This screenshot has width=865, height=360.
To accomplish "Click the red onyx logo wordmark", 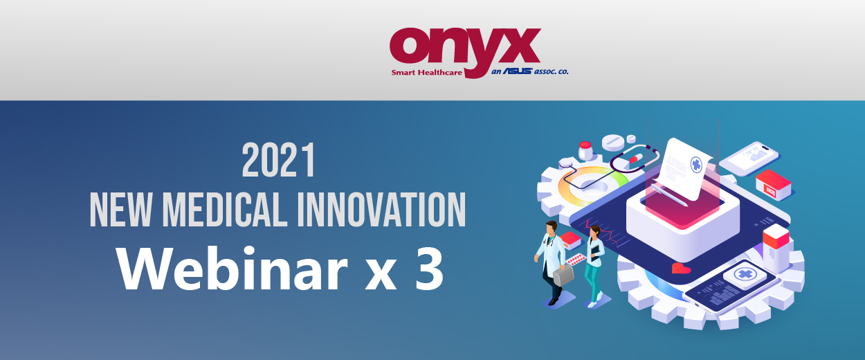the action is pos(465,51).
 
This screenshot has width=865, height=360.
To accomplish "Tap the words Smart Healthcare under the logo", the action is pos(426,72).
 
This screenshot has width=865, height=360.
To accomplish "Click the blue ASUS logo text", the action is pos(518,71).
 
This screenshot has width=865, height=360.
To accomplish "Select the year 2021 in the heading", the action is pos(278,160).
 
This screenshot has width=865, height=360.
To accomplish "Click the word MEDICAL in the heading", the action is pos(225,210).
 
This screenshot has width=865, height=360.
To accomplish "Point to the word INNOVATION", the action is pos(381,210).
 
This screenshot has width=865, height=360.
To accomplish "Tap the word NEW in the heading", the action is pos(120,210).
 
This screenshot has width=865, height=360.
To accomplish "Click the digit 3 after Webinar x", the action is pos(429,269).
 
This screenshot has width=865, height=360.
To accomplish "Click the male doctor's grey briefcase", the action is pos(563,275).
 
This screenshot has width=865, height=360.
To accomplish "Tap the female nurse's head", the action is pos(595,231).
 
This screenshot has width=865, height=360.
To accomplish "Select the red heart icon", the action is pos(681,268).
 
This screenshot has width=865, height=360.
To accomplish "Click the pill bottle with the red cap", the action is pos(585,151).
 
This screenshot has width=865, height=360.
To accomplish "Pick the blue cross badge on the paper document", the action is pos(696,164).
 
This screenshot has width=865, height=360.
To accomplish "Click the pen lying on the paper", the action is pos(669,195).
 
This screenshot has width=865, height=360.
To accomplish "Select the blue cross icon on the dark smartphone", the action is pos(744,275).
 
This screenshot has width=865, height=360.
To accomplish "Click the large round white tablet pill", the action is pos(613,143).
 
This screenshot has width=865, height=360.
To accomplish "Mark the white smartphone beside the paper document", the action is pos(750,159).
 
